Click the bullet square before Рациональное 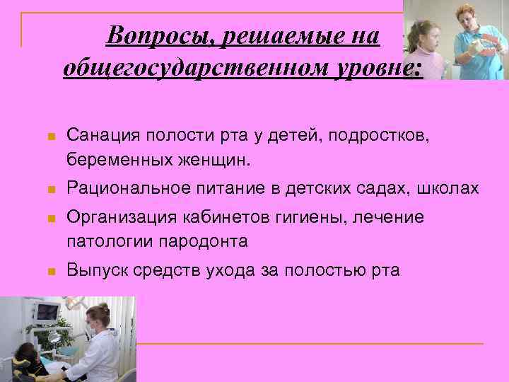coord(44,190)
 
